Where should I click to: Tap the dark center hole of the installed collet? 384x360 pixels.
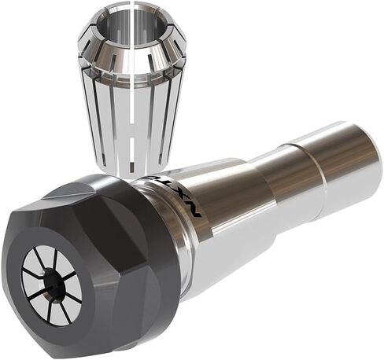tap(54, 284)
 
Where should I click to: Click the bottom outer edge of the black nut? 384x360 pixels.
tap(94, 346)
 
